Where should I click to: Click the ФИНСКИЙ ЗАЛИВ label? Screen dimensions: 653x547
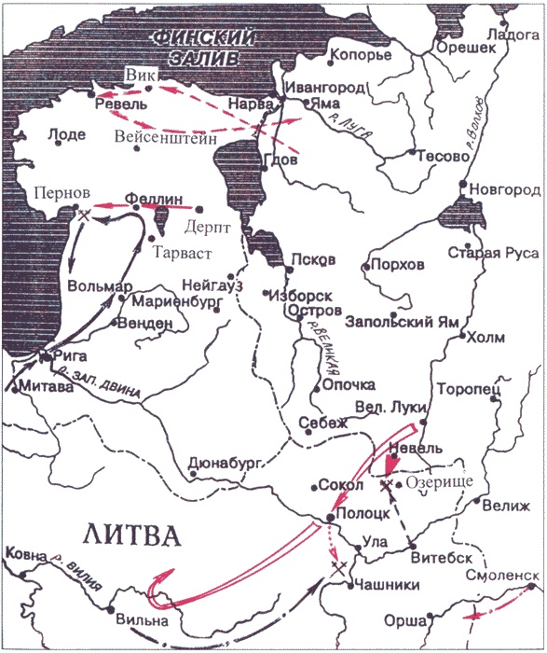[199, 48]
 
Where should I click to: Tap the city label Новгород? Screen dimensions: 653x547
[506, 189]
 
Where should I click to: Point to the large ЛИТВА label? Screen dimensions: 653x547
[130, 536]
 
